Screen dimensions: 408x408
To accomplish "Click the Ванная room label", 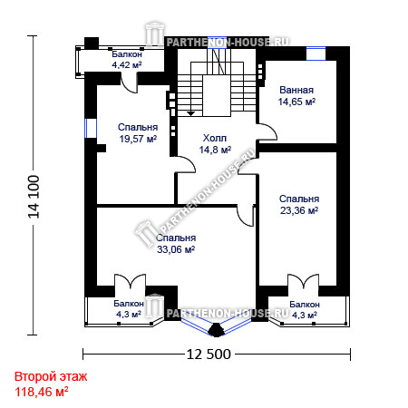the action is pos(296,90).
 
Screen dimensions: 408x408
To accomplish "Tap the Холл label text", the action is pos(215,138).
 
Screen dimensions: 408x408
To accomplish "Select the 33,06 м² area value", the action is pos(176,249).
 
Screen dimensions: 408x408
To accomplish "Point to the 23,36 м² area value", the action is pos(299,210).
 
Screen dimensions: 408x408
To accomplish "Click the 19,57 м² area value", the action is pos(138,139).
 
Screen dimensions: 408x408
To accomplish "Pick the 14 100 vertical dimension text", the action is pos(34,197).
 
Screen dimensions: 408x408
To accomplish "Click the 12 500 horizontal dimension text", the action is pos(209,354).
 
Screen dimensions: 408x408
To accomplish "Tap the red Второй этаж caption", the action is pos(51,376).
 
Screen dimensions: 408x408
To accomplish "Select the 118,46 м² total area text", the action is pos(42,392).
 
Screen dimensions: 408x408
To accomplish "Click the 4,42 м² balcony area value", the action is pos(127,64).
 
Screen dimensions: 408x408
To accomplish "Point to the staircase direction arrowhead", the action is pos(190,113).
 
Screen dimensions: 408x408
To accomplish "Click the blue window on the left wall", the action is pos(91,128).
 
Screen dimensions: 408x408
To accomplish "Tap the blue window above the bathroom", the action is pos(316,53).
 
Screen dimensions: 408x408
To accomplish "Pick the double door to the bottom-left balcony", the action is pos(130,281).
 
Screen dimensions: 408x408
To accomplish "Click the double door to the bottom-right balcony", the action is pos(303,281).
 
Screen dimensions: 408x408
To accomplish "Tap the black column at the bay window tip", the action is pos(216,330).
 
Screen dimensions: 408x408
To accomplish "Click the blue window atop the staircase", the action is pos(217,42).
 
